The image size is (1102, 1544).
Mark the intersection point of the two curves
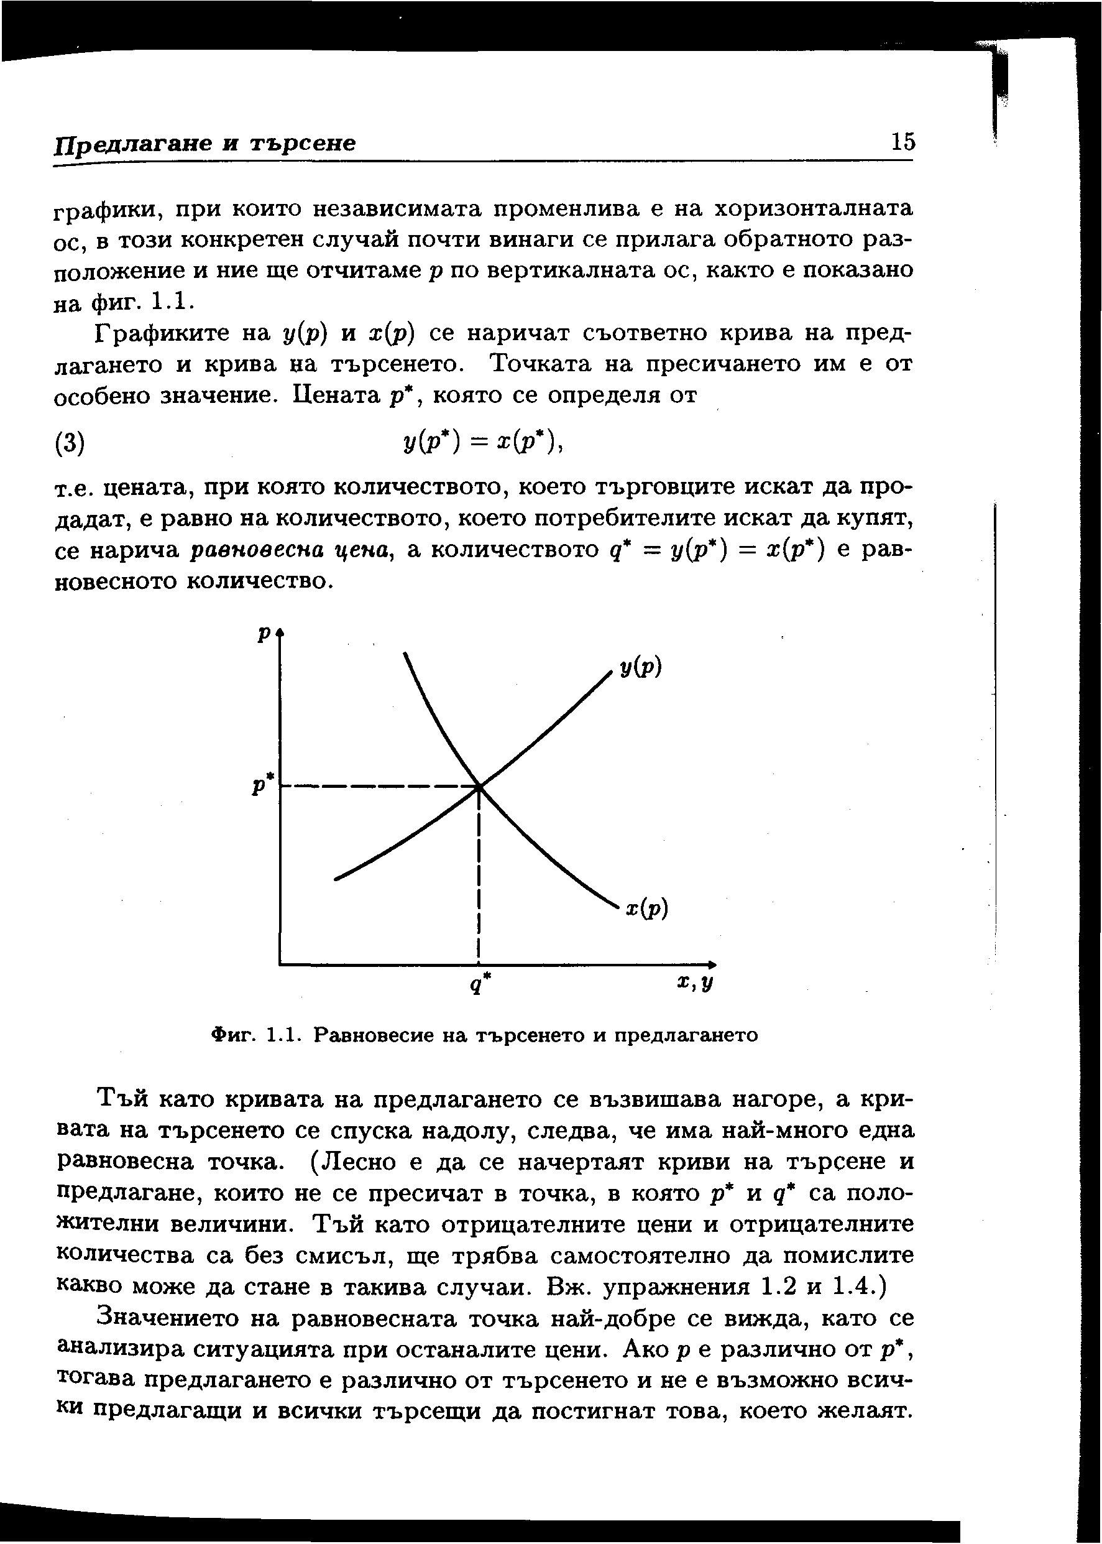click(x=480, y=787)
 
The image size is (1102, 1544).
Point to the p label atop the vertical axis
click(x=264, y=632)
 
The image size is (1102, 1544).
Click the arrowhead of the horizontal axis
click(x=712, y=964)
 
